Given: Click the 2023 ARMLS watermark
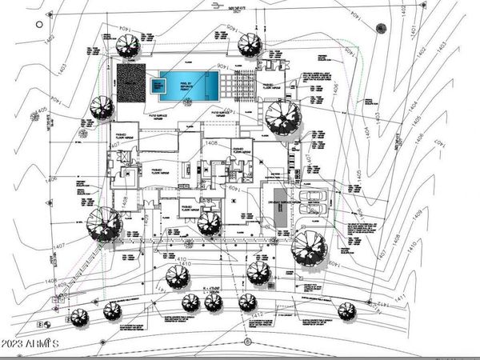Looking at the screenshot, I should click(x=33, y=342).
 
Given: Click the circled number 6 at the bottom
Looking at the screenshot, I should click(x=249, y=342).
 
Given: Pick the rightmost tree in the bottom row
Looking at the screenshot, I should click(x=346, y=310).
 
